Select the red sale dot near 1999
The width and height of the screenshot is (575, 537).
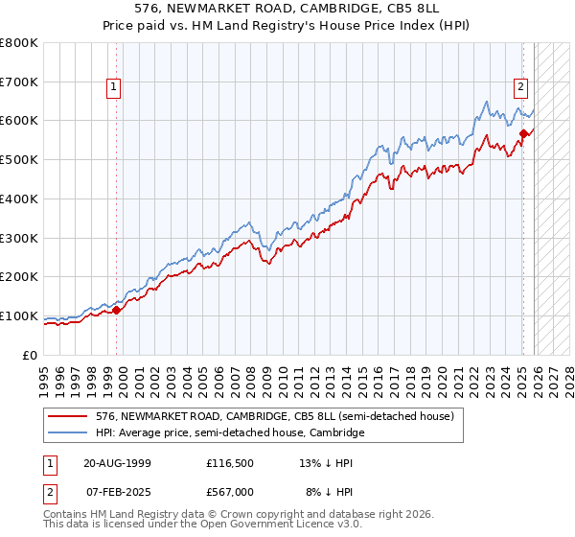116,310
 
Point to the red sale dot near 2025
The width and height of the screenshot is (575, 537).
523,133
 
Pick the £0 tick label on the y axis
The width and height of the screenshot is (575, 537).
31,355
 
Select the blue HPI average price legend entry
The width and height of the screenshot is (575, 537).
230,433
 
